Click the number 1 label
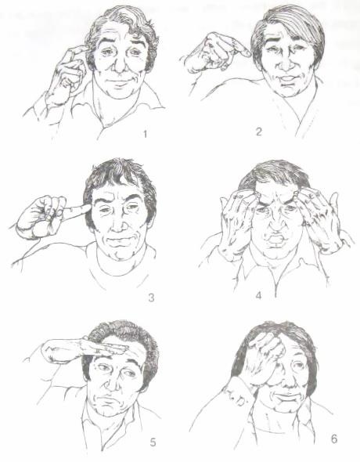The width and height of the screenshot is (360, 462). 145,135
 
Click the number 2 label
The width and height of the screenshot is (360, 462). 258,132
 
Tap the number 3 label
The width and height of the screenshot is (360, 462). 151,298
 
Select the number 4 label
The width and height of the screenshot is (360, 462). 258,295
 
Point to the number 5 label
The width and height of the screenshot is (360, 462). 153,442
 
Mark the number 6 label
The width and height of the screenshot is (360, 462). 334,439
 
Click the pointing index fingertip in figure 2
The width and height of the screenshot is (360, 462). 247,53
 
